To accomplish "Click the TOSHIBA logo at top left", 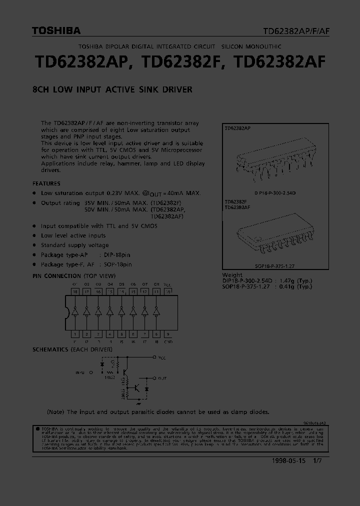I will point(56,31).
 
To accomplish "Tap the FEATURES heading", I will point(46,183).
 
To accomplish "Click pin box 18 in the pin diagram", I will point(75,291).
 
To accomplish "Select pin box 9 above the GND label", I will point(168,333).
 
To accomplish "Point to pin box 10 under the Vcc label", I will point(168,291).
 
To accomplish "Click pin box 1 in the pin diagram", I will point(75,333).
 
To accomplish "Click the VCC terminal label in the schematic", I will point(162,358).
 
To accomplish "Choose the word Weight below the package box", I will point(232,275).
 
